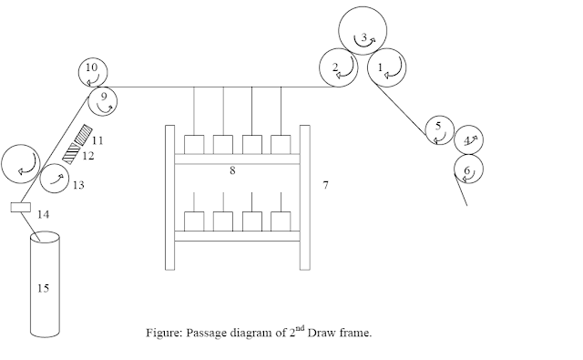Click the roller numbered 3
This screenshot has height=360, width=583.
tap(362, 36)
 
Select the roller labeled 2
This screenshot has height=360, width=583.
tap(337, 67)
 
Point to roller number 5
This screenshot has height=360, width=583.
tap(439, 129)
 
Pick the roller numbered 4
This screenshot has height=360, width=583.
tap(470, 140)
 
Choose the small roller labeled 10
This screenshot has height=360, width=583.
tap(91, 69)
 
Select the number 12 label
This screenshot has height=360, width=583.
tap(89, 157)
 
